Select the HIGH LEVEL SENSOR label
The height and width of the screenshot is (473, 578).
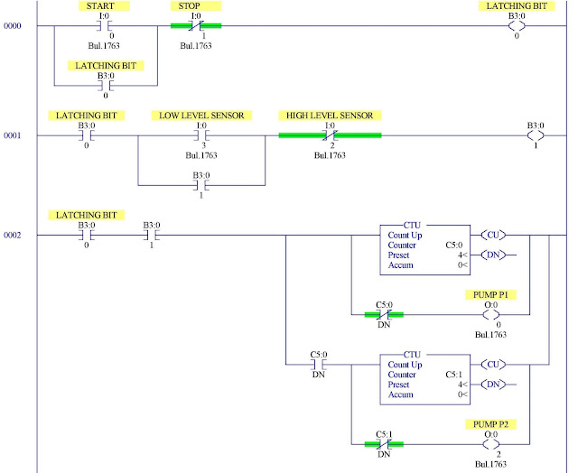point(329,116)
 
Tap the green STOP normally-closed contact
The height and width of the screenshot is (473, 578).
point(195,26)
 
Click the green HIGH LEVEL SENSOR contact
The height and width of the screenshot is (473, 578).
point(330,136)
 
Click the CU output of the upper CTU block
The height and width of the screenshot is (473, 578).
point(492,236)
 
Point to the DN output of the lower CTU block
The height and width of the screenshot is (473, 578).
point(492,385)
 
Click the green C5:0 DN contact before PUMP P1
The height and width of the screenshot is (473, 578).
point(384,315)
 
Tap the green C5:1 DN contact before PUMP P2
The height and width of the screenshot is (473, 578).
point(384,444)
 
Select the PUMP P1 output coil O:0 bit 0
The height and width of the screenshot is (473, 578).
point(492,315)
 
